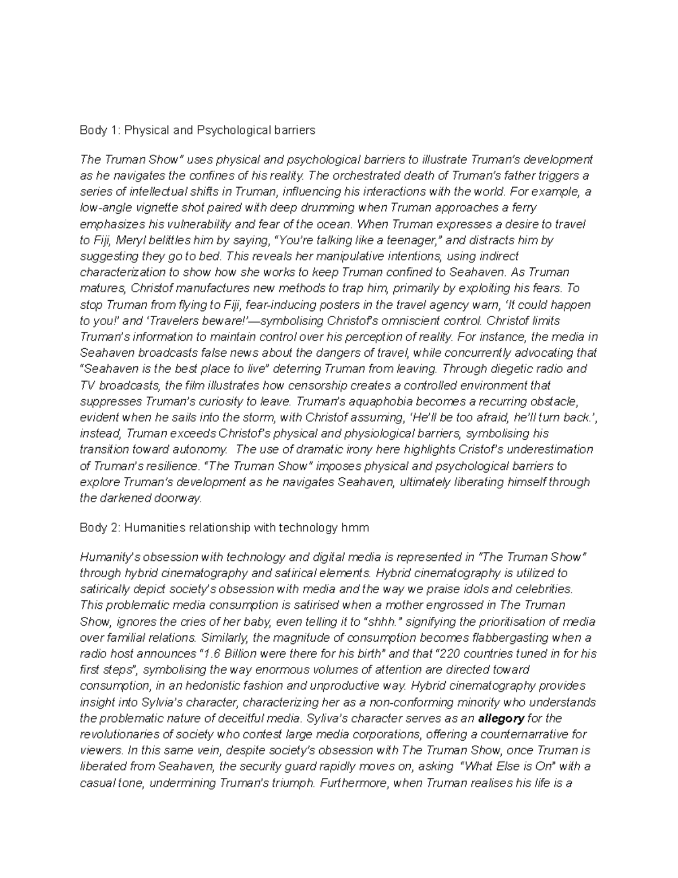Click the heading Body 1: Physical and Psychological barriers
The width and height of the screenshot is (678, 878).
(x=197, y=131)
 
